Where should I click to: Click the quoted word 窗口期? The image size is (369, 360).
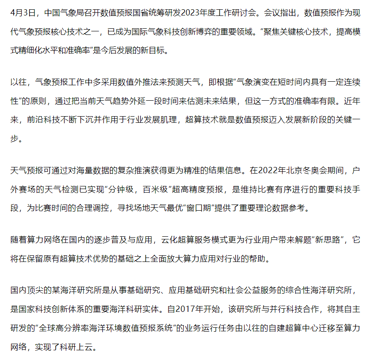195,208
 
